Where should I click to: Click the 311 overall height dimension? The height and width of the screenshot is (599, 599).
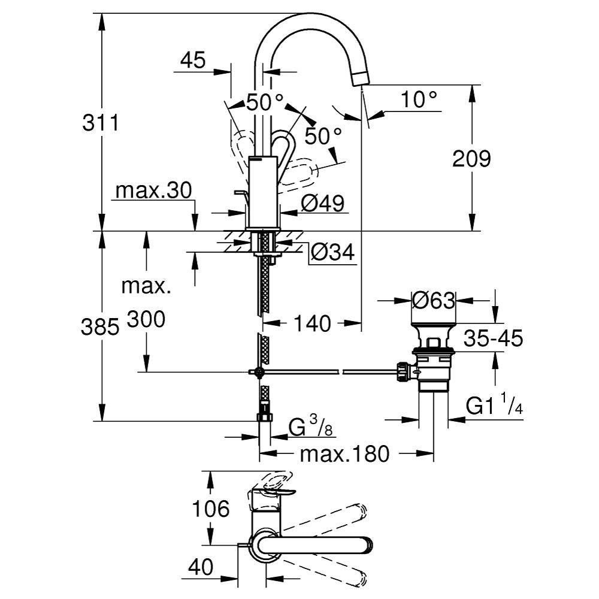coord(101,123)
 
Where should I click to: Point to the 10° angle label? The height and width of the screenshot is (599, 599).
coord(419,99)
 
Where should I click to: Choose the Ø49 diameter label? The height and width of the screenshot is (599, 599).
coord(323,204)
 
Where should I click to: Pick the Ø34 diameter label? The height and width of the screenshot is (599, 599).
coord(333,253)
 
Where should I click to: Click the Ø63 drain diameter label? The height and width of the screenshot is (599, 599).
coord(434,300)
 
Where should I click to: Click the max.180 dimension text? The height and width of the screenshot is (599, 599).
coord(344,453)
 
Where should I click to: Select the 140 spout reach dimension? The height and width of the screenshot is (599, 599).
coord(313,324)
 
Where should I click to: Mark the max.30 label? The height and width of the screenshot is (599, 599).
coord(153,191)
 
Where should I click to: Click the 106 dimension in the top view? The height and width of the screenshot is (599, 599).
coord(211,509)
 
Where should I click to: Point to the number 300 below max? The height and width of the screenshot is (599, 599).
coord(146,320)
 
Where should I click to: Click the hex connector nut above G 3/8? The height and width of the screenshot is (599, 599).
coord(264,416)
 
